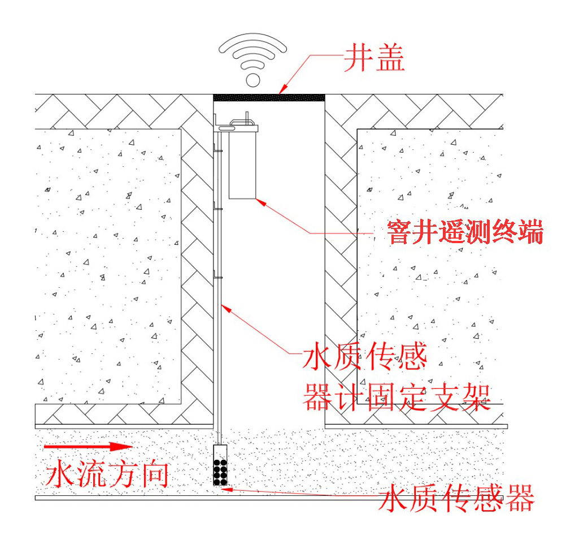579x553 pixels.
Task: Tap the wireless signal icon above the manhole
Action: click(253, 59)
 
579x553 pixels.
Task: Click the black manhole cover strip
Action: click(269, 97)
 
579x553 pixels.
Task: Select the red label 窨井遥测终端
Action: click(465, 232)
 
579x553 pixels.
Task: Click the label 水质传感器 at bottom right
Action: click(456, 499)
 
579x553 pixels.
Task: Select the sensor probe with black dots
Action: click(220, 465)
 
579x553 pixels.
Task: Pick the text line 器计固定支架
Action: click(396, 397)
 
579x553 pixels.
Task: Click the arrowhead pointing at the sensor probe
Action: click(226, 487)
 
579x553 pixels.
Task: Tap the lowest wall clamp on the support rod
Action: click(218, 276)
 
